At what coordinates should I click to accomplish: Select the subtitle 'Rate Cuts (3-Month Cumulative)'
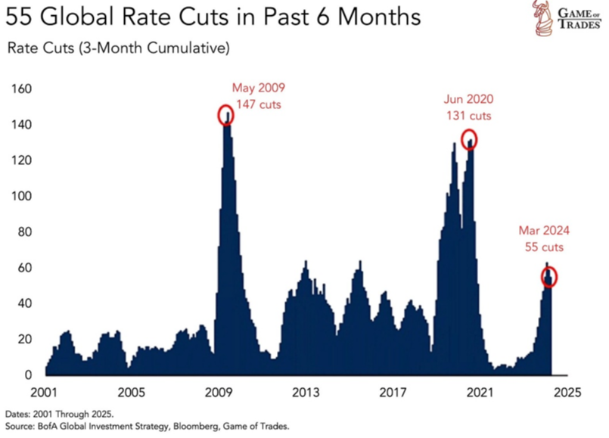(118, 49)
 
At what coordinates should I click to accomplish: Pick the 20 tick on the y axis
(24, 339)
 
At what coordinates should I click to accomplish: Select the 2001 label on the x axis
(44, 393)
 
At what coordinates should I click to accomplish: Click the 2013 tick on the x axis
(306, 393)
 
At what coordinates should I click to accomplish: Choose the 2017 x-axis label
(393, 393)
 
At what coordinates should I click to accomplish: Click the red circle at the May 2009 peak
(226, 115)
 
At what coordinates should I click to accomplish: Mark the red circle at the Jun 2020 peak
(471, 139)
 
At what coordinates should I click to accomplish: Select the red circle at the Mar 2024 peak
(548, 276)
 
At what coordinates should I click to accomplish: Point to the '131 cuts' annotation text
(469, 116)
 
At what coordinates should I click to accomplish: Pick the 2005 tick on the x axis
(131, 393)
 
